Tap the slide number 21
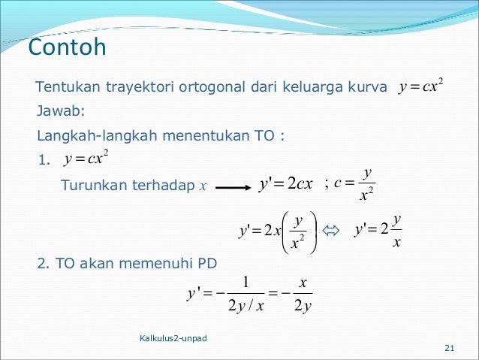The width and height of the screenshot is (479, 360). (x=450, y=347)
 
